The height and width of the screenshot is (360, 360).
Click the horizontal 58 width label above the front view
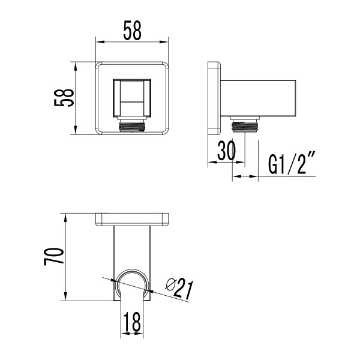point(132,31)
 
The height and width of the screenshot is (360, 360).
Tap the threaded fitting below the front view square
point(132,127)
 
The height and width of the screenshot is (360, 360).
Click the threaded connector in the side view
point(244,126)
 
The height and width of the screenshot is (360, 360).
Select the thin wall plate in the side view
point(213,98)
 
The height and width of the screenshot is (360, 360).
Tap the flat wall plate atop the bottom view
point(132,219)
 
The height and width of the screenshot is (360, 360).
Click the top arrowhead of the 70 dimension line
point(64,217)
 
